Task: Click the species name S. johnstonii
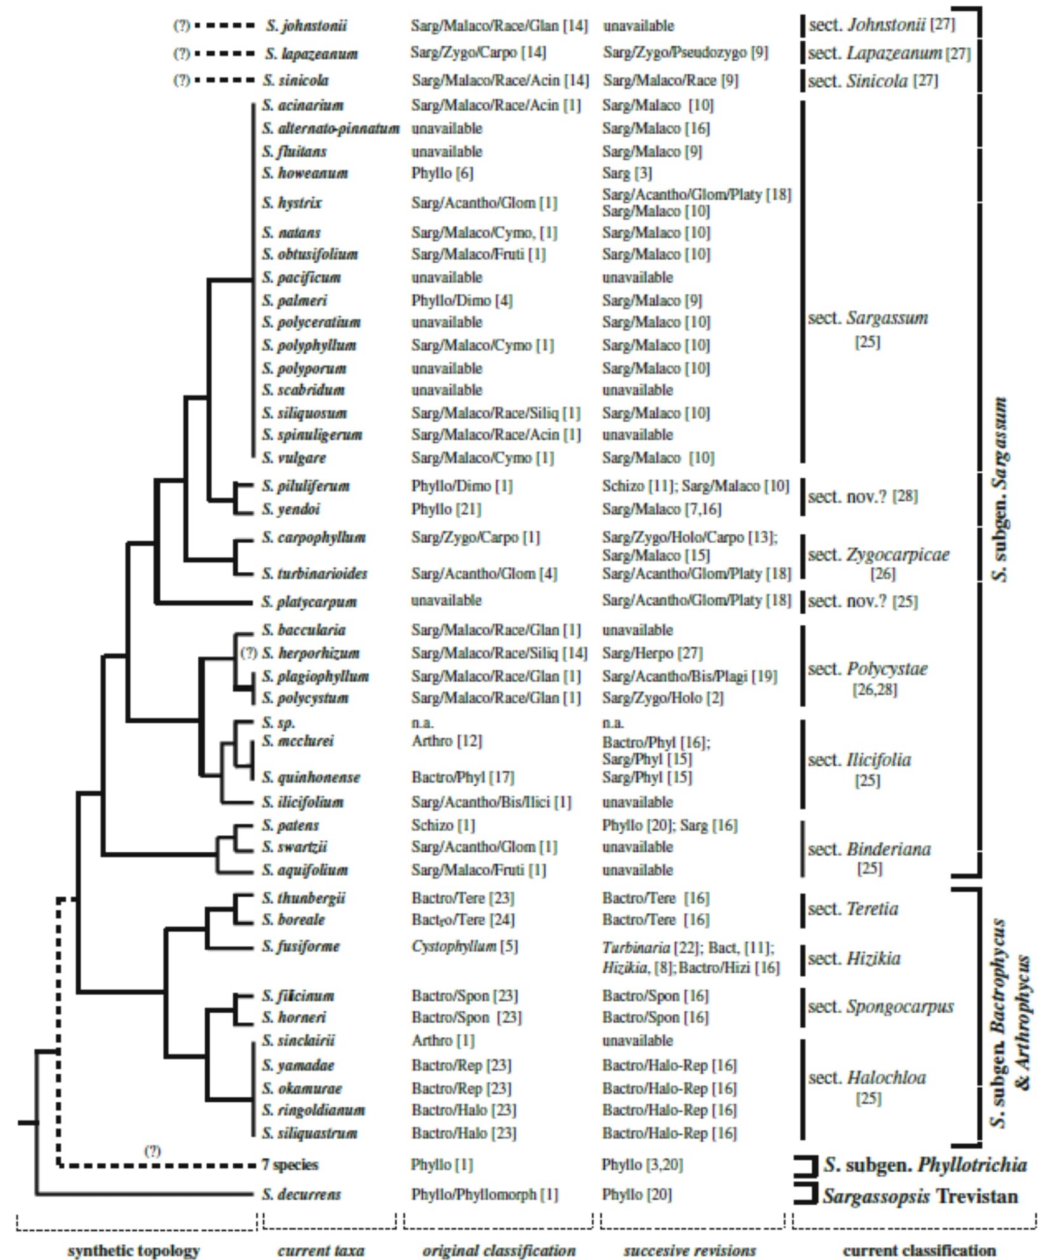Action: click(x=306, y=26)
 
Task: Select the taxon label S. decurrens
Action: click(x=301, y=1194)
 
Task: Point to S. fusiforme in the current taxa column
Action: click(x=301, y=946)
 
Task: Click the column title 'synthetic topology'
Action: click(x=134, y=1250)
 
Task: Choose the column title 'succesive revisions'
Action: click(x=690, y=1250)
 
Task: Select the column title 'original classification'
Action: click(x=499, y=1250)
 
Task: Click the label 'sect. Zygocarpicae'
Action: click(x=879, y=555)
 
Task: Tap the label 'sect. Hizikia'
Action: click(x=854, y=958)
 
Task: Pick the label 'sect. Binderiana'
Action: click(x=869, y=849)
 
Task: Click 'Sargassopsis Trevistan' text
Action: click(x=920, y=1196)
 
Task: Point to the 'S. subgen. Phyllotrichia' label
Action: click(x=925, y=1165)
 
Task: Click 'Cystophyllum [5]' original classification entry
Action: click(x=464, y=946)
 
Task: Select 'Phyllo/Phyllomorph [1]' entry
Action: click(x=484, y=1194)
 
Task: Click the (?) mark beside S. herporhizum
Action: click(x=249, y=653)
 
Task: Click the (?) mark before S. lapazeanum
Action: click(x=182, y=53)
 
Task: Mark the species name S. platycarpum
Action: click(x=309, y=601)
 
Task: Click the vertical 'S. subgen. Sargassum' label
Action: click(x=1000, y=490)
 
